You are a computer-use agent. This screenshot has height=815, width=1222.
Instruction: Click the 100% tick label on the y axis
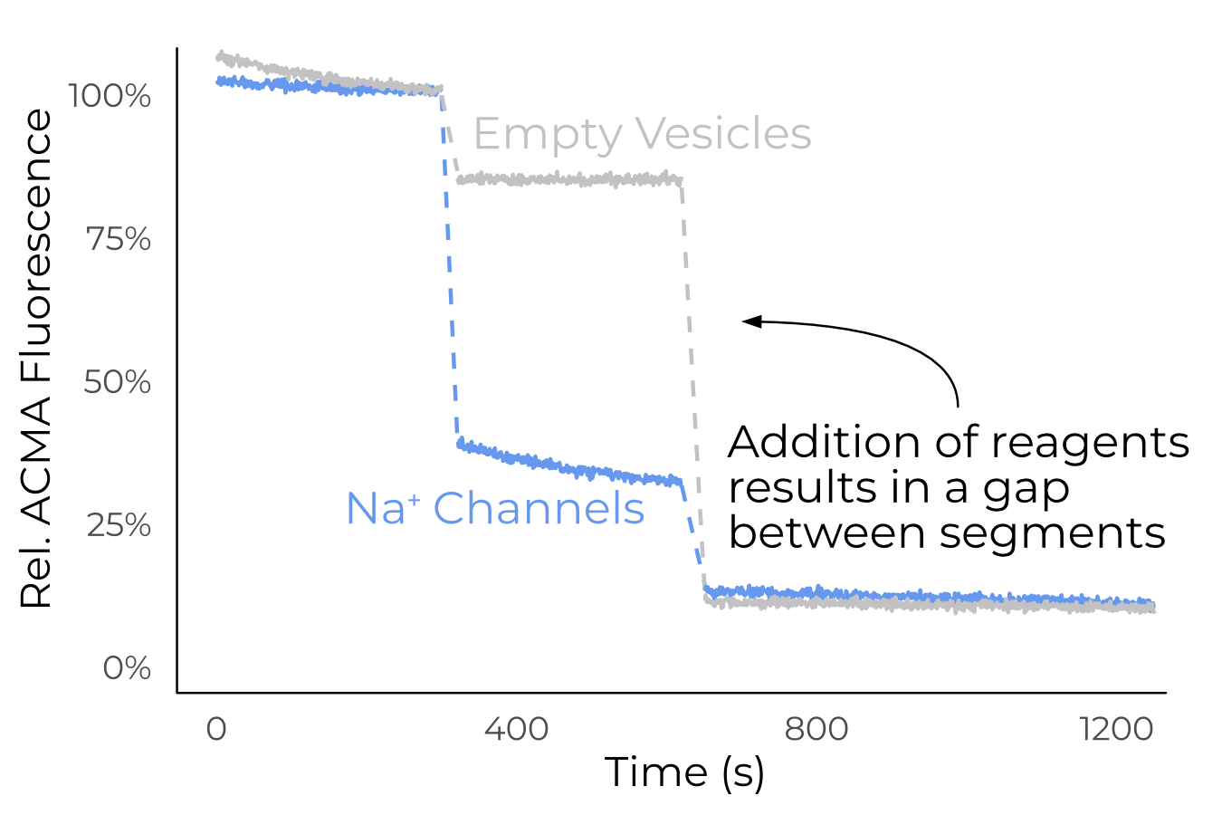110,96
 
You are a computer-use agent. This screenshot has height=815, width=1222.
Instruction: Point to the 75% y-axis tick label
119,240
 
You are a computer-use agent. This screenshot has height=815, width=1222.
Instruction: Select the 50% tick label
118,383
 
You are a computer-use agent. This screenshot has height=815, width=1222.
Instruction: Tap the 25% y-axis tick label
119,525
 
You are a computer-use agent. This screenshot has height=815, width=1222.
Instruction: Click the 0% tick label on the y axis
127,669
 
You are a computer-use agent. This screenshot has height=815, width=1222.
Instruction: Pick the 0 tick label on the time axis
216,729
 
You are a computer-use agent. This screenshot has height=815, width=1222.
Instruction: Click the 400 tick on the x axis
516,729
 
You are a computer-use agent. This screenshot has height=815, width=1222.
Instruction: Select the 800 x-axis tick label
816,729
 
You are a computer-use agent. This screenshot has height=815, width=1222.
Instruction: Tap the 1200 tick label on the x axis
1117,729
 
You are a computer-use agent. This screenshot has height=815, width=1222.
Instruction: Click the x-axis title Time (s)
684,772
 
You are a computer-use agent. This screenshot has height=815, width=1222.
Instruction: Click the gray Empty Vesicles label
642,135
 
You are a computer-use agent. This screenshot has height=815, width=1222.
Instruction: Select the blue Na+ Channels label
495,509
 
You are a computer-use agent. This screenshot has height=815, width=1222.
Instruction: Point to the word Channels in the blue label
539,509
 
